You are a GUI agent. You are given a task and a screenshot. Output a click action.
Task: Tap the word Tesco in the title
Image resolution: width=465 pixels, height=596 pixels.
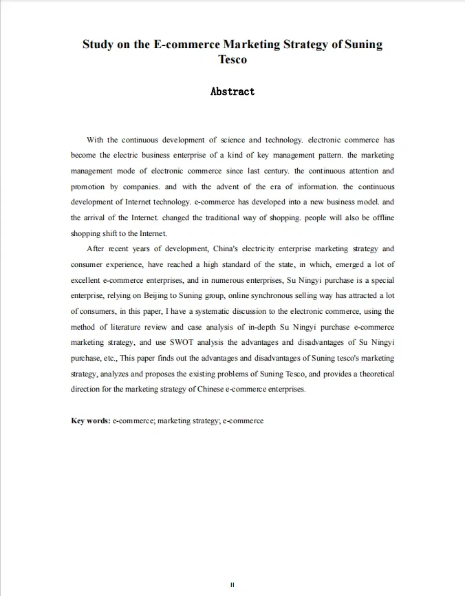(232, 59)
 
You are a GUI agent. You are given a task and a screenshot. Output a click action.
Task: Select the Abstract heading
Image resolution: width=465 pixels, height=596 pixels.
(232, 92)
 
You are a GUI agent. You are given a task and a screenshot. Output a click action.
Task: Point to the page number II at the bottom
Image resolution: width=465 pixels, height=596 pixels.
(232, 584)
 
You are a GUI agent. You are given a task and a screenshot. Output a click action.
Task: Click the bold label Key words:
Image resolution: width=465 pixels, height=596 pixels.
(91, 421)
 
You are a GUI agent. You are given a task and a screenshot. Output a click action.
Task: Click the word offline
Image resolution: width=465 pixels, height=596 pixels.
(382, 218)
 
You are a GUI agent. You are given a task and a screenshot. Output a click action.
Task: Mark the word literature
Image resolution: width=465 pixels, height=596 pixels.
(128, 327)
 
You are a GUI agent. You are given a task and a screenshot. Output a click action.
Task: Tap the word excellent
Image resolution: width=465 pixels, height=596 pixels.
(87, 280)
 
